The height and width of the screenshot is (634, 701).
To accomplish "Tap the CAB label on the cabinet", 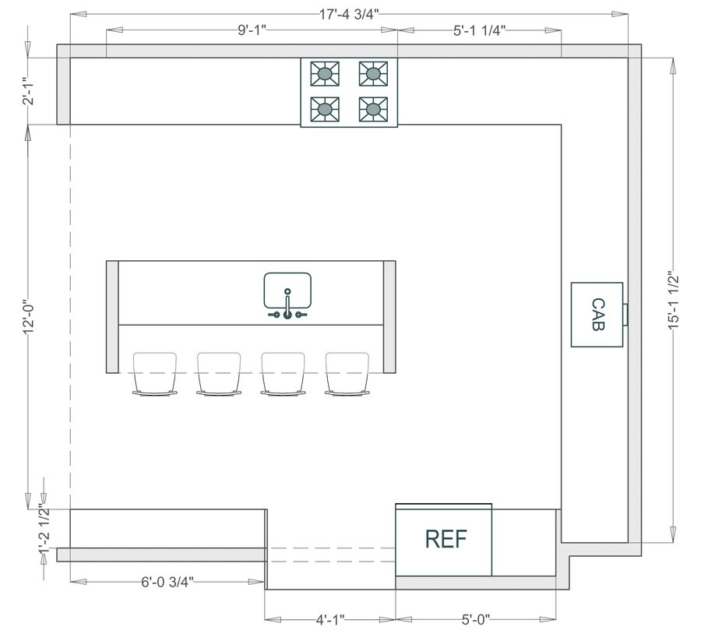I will (x=597, y=315).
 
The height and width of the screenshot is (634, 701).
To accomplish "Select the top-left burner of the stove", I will (x=326, y=74).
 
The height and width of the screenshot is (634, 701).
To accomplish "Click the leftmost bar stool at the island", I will (x=155, y=374).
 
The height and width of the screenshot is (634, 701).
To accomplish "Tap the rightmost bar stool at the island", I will (x=347, y=374).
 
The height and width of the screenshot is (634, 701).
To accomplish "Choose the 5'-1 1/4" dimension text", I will (x=480, y=30).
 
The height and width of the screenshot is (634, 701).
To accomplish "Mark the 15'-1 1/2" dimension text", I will (x=675, y=301).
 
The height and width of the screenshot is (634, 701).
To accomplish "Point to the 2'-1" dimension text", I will (x=30, y=91).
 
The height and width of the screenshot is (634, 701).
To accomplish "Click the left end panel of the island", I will (x=112, y=318).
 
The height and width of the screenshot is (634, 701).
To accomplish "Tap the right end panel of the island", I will (x=389, y=318).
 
